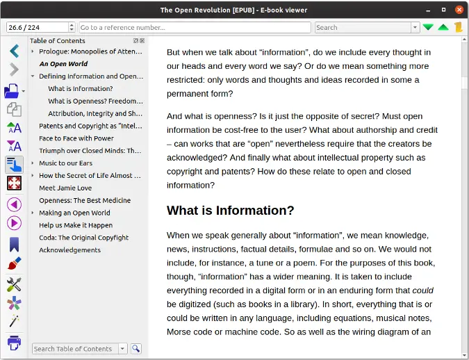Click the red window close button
(459, 10)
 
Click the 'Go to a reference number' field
(195, 28)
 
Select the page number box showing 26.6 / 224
(36, 28)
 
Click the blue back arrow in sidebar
(14, 51)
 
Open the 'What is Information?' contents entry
(80, 89)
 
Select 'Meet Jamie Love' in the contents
(65, 188)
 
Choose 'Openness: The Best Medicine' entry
(85, 201)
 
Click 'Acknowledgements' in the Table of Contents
(69, 250)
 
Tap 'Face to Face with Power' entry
(76, 139)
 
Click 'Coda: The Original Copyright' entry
(83, 238)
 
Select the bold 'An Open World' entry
(63, 64)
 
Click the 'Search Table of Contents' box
(74, 349)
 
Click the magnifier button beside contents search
(136, 349)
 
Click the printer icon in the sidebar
(14, 343)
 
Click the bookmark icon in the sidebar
(14, 245)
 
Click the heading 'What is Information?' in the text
(231, 211)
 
